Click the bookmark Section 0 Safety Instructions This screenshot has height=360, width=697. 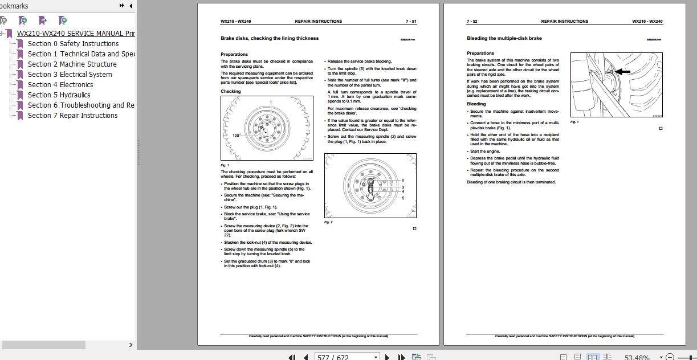[x=73, y=44]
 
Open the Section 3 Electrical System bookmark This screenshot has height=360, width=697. [x=70, y=75]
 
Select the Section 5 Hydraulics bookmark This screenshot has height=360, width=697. [x=59, y=95]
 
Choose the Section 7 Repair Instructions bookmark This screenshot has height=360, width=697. [x=72, y=116]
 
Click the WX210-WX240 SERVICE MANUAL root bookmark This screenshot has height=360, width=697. [x=76, y=34]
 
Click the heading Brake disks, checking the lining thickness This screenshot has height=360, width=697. [x=270, y=39]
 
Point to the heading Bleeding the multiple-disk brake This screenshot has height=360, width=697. [x=504, y=39]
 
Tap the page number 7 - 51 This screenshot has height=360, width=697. [x=411, y=22]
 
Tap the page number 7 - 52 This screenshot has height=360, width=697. [x=472, y=22]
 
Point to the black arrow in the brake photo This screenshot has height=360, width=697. [x=622, y=72]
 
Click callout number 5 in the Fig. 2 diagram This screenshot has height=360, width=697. [x=402, y=198]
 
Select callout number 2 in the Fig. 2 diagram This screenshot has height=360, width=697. [x=402, y=181]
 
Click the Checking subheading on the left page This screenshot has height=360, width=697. [x=231, y=92]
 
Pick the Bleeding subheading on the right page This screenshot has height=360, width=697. [x=476, y=104]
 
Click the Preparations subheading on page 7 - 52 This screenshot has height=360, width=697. [x=480, y=54]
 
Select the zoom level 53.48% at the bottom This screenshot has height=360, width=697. [x=637, y=357]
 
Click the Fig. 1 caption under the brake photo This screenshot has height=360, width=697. [x=574, y=122]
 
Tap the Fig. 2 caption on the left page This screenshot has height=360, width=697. [x=328, y=222]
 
